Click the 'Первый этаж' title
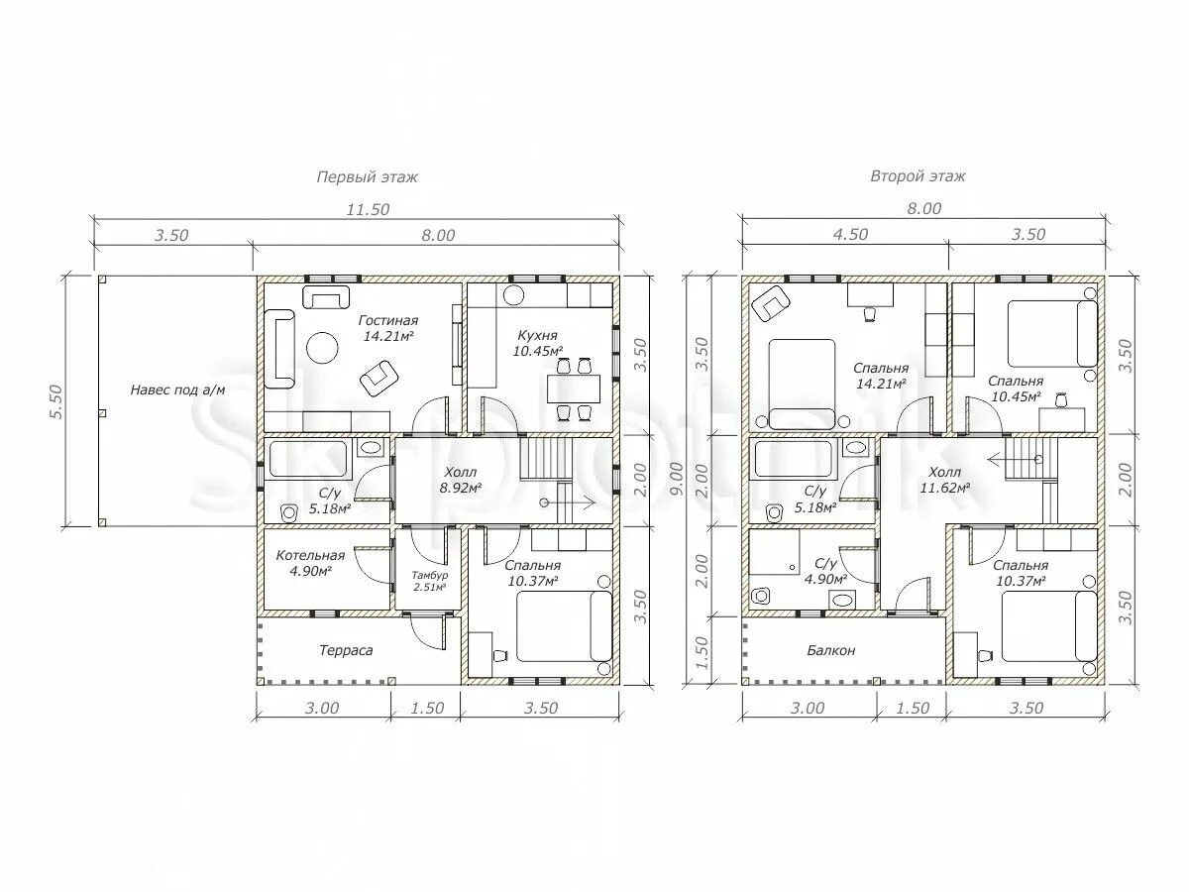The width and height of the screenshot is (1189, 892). click(x=368, y=177)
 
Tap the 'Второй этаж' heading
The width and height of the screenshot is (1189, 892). click(x=919, y=176)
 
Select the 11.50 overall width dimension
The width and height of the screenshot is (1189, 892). click(x=368, y=209)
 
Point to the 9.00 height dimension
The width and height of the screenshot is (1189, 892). click(x=678, y=478)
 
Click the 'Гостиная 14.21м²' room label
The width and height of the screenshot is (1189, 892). click(x=387, y=328)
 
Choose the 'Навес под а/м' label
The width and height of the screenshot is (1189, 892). click(x=177, y=390)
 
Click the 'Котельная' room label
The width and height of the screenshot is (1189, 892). click(x=310, y=555)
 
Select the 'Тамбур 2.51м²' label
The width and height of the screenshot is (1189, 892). click(x=430, y=581)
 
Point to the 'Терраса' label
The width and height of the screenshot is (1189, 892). click(x=346, y=650)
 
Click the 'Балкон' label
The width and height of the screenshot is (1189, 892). click(x=831, y=650)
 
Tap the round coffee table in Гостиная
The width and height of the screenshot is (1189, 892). click(x=322, y=348)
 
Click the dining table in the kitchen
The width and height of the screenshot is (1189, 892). click(x=574, y=389)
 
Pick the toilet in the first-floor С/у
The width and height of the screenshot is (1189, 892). click(x=290, y=512)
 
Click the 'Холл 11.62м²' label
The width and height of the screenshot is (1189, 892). click(x=944, y=480)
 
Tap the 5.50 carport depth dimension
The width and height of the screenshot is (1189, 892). click(x=56, y=401)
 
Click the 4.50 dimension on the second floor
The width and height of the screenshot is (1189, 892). click(x=850, y=235)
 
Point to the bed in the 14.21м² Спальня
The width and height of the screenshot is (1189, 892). click(x=803, y=385)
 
